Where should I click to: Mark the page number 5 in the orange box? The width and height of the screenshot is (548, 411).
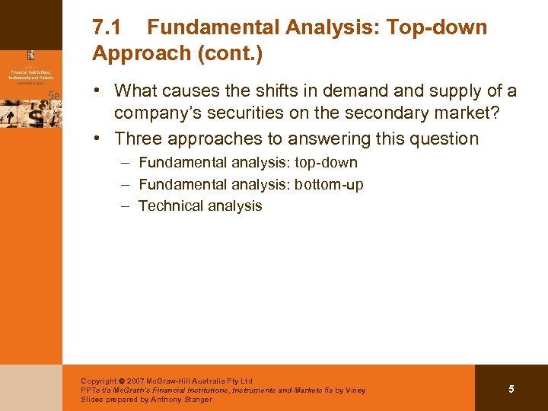[x=511, y=389]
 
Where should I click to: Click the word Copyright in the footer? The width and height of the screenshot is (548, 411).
[x=98, y=381]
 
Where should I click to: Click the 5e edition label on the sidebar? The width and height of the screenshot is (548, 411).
[x=53, y=94]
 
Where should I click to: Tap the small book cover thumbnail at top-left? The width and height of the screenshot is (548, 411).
[x=30, y=55]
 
